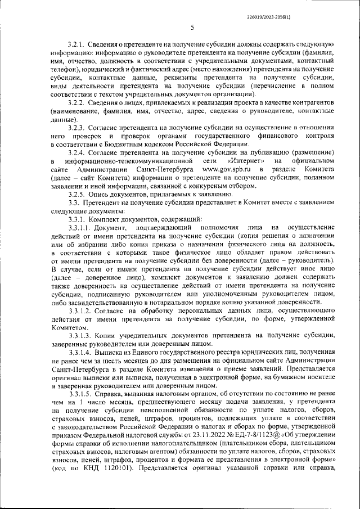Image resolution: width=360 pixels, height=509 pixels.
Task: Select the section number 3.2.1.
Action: point(76,43)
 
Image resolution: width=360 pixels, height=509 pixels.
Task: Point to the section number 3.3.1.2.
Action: point(79,310)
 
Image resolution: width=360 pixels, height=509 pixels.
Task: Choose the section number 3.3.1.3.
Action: point(79,335)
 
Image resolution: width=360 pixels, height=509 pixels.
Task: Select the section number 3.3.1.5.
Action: point(79,394)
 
